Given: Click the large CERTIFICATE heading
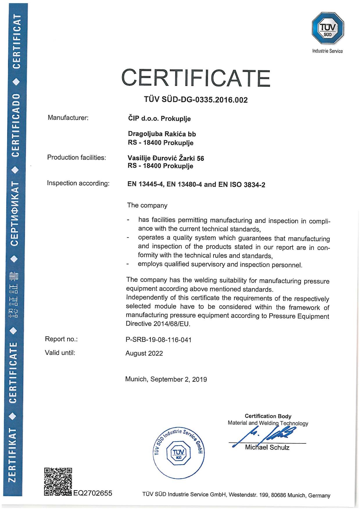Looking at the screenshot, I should click(x=196, y=77).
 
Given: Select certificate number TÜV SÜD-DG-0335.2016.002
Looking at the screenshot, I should click(x=196, y=100).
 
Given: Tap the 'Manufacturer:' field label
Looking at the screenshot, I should click(x=68, y=118).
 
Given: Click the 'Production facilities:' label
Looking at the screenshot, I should click(x=76, y=158).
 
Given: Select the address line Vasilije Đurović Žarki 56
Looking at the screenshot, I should click(x=166, y=158).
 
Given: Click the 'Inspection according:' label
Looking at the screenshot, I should click(x=78, y=184).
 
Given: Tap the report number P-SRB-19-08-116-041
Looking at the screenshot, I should click(x=158, y=339).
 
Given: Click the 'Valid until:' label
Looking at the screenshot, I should click(x=60, y=353).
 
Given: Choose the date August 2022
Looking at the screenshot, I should click(x=144, y=353).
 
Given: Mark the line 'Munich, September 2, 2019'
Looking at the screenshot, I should click(x=166, y=379).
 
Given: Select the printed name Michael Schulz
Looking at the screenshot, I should click(x=267, y=447).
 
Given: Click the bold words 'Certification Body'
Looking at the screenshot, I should click(x=268, y=416).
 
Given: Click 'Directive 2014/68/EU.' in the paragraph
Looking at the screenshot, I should click(x=158, y=324).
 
